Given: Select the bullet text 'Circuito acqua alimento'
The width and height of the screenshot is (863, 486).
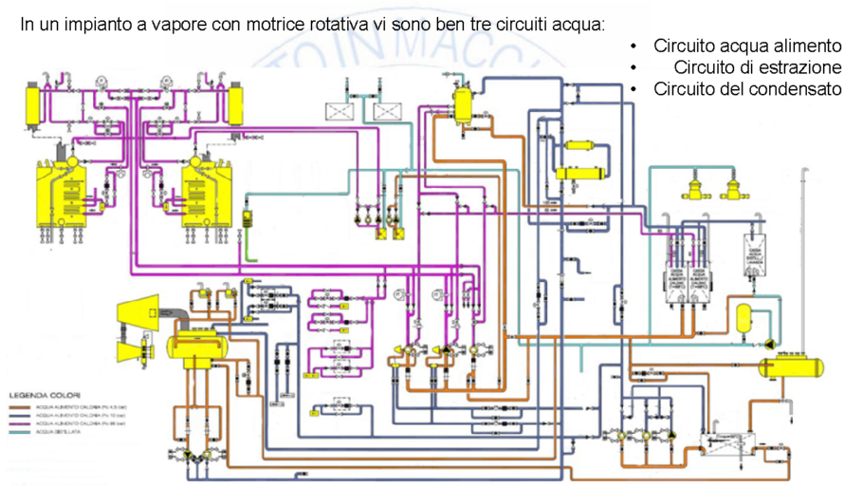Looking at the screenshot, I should click(747, 46).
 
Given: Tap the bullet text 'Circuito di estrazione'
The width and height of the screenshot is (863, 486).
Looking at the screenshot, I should click(758, 67).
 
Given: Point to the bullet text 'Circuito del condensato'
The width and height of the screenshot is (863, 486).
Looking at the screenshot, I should click(747, 89).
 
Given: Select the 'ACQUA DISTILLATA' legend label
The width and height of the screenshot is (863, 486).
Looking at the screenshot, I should click(59, 433).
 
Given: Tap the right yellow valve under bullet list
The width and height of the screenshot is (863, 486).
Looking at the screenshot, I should click(733, 188).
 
